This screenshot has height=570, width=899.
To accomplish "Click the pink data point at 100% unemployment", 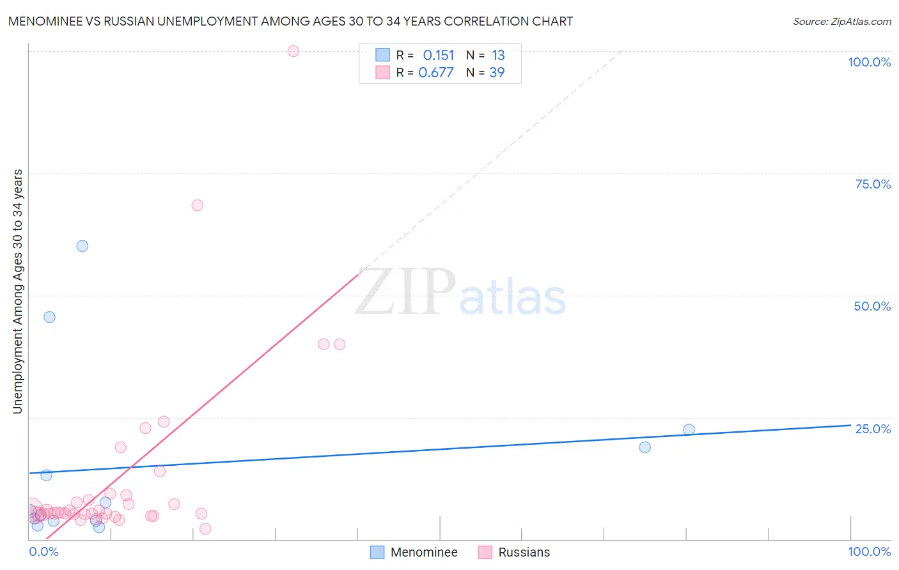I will pos(293,51).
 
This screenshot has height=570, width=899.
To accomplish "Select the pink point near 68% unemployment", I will pos(197,205).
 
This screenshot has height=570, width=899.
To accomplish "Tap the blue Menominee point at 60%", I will pos(82,246).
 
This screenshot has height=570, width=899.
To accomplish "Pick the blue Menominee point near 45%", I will pos(49,317).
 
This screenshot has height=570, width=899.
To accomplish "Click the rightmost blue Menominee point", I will pos(689,429).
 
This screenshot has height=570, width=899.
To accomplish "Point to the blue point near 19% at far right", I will pos(645,447).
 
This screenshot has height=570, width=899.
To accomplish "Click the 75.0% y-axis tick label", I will pos(873,184).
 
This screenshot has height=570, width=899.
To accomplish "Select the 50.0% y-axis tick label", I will pos(872,306).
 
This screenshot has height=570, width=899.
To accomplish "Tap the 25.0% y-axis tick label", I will pos(873,429).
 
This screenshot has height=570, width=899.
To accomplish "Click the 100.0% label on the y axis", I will pos(869,62).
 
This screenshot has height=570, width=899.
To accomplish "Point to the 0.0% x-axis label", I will pos(43,551).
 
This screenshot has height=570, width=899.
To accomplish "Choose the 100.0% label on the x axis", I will pos(869,551).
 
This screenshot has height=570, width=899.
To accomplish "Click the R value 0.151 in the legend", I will pos(438,55).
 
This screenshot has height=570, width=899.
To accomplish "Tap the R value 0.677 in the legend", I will pos(436,72).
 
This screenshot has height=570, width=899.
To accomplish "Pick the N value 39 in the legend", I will pos(497,72).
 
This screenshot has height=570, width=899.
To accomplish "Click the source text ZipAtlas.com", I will pos(841,21).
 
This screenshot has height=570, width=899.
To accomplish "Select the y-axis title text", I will pos(17,291).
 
